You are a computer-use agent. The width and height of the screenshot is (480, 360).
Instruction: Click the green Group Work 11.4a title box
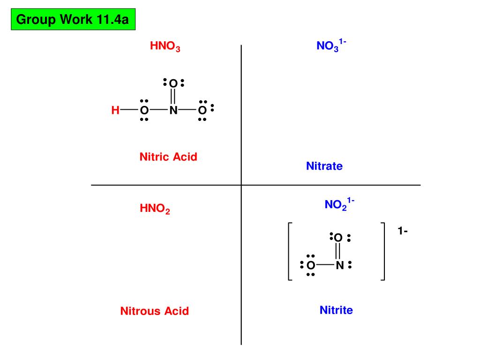(73, 20)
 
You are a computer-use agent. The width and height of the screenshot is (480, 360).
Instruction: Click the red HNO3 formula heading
(165, 47)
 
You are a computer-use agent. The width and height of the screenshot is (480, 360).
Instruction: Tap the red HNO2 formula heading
(155, 209)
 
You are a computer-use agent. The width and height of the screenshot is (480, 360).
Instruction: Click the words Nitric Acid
(168, 157)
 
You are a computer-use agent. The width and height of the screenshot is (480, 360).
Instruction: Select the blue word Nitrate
(324, 166)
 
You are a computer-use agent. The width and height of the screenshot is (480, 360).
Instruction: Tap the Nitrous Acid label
(155, 311)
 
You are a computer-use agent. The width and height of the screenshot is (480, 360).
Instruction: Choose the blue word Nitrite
(336, 310)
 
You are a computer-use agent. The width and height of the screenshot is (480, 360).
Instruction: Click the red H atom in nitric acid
(115, 111)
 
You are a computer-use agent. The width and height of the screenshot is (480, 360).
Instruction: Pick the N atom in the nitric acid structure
(173, 111)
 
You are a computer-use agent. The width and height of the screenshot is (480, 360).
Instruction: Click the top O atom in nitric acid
(173, 84)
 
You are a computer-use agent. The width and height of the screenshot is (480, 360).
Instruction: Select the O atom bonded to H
(144, 111)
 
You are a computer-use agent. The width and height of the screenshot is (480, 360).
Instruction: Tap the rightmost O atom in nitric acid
(202, 111)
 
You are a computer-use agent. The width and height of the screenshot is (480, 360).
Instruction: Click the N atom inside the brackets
(340, 266)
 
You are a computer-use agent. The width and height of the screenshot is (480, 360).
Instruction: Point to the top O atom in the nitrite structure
(338, 238)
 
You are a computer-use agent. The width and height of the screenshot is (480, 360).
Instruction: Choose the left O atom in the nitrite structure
(310, 266)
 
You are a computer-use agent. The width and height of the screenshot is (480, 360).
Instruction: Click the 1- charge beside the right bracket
(403, 231)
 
